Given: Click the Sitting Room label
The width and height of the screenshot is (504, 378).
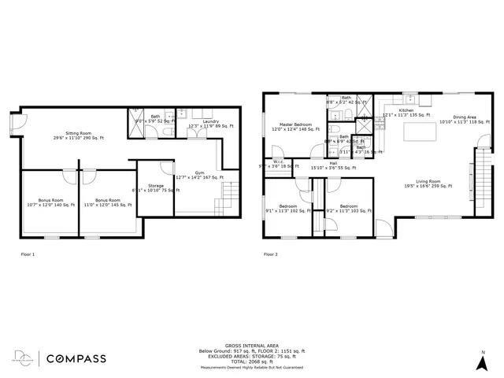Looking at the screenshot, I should [x=78, y=135].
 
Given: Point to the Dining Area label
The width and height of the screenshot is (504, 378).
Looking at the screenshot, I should [x=465, y=120].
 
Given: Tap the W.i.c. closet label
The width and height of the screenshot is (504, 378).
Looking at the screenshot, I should [x=278, y=165].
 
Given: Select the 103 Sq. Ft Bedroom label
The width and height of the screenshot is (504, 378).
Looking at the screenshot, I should [x=343, y=208].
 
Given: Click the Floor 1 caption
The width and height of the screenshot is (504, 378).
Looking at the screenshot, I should [x=27, y=254].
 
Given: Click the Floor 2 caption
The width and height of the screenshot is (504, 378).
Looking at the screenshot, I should [x=270, y=254].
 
